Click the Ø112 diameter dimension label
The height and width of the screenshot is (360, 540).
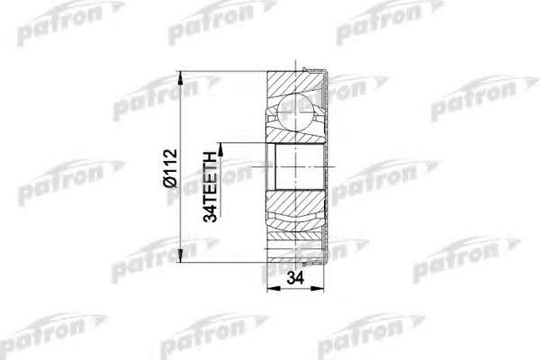point(171,167)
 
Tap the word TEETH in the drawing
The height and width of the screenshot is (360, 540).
point(211,175)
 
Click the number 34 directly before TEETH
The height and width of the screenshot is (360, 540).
point(211,211)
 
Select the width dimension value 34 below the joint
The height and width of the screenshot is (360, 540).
point(295,278)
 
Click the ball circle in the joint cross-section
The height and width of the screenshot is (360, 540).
point(296,113)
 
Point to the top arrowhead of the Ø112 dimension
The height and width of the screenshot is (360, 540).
point(180,78)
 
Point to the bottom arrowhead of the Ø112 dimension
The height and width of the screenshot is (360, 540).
point(180,256)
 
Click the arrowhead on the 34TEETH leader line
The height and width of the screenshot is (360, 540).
point(220,149)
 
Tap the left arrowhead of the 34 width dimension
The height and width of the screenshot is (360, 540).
point(274,289)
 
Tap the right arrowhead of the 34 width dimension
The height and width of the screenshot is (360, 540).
point(318,289)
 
